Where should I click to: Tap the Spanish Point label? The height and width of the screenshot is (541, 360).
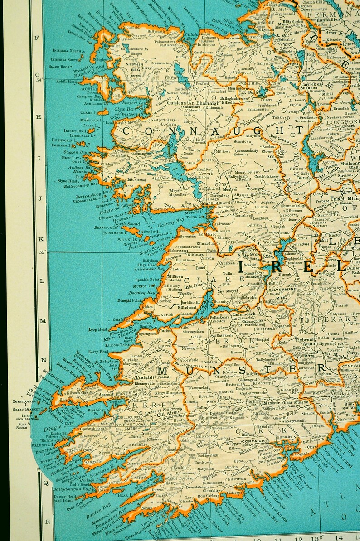tap(148, 280)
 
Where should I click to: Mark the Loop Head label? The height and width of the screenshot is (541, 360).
tap(98, 329)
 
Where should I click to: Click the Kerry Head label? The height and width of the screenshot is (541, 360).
tap(98, 352)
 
